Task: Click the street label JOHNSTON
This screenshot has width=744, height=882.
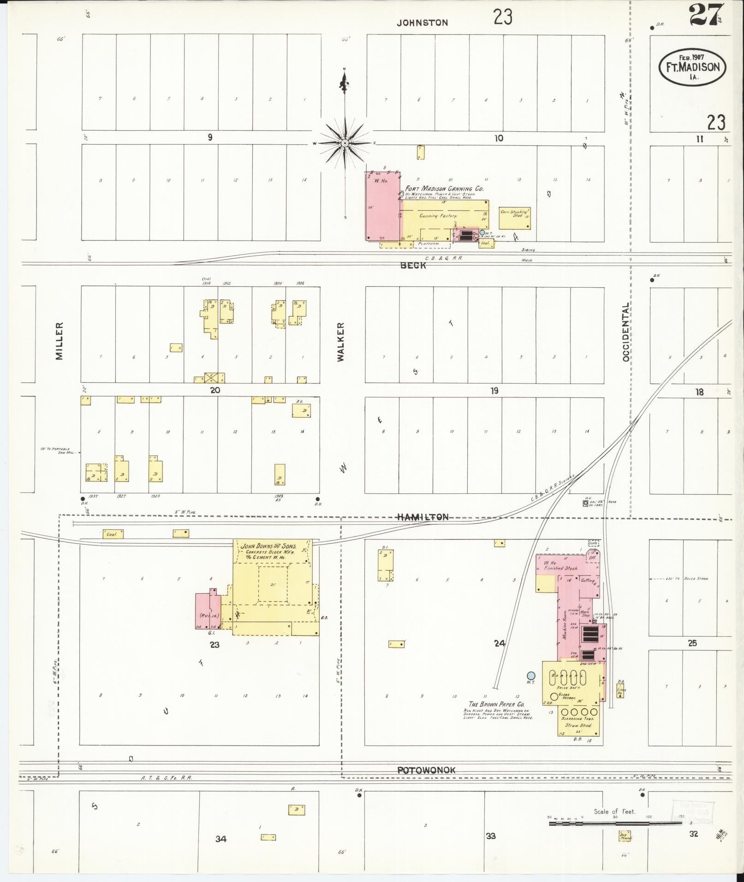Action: click(423, 22)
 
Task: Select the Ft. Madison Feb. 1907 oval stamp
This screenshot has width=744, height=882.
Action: click(692, 67)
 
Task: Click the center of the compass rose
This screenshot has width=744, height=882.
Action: click(344, 143)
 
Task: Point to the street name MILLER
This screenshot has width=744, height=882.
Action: click(60, 341)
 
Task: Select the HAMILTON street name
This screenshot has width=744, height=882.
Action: click(423, 517)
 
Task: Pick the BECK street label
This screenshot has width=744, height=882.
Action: click(413, 266)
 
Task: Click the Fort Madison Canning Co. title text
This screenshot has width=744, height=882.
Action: click(444, 189)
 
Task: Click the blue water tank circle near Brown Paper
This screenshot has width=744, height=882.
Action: click(531, 676)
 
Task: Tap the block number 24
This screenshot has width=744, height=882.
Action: click(500, 643)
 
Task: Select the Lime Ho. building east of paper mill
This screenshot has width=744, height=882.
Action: click(621, 691)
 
